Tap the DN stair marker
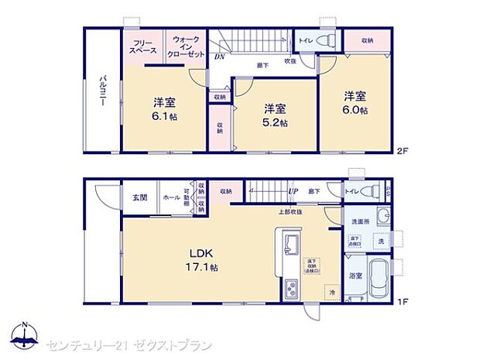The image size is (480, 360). coord(220,56)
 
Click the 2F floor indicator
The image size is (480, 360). coord(403,149)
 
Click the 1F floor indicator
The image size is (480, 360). coord(403,303)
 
